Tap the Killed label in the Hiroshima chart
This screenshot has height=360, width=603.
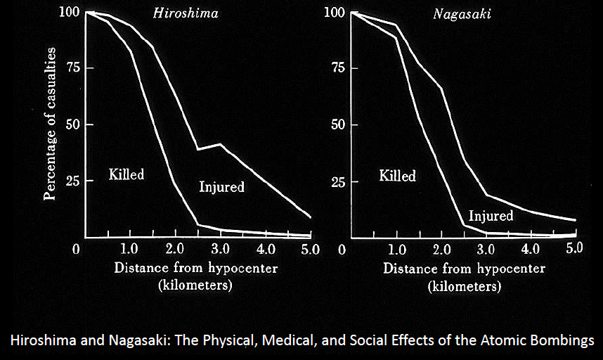pyautogui.click(x=127, y=174)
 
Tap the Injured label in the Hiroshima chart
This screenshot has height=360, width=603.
pyautogui.click(x=221, y=187)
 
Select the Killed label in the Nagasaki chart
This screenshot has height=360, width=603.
pyautogui.click(x=398, y=175)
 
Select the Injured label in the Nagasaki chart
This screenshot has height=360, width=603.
pyautogui.click(x=491, y=216)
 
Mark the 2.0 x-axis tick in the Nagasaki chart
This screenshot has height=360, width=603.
pyautogui.click(x=441, y=249)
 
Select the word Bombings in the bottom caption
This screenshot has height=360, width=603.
pyautogui.click(x=562, y=340)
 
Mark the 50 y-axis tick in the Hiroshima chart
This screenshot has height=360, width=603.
pyautogui.click(x=67, y=125)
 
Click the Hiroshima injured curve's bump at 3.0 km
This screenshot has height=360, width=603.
pyautogui.click(x=220, y=145)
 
